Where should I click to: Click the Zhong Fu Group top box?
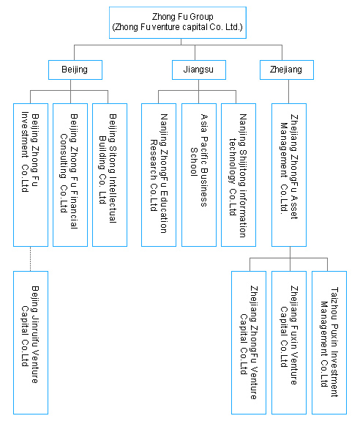[178, 23]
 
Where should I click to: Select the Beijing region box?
[75, 70]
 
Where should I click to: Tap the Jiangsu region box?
[199, 70]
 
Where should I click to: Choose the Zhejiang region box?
[287, 70]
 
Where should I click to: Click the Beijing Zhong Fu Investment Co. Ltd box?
[31, 175]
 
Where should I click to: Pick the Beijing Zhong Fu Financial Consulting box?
[70, 175]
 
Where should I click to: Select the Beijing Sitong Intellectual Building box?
[110, 175]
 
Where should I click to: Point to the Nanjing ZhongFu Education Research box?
[159, 175]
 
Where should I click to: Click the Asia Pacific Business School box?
[199, 175]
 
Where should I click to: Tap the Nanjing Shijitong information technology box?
[239, 175]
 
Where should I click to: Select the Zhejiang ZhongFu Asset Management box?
[289, 175]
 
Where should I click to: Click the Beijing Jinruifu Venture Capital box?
[31, 343]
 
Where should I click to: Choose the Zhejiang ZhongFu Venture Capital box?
[249, 343]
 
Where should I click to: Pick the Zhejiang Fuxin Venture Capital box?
[289, 343]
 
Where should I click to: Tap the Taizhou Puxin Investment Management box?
[329, 343]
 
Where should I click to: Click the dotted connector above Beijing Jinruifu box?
[30, 259]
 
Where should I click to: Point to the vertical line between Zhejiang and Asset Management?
[288, 92]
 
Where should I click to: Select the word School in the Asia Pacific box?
[194, 162]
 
